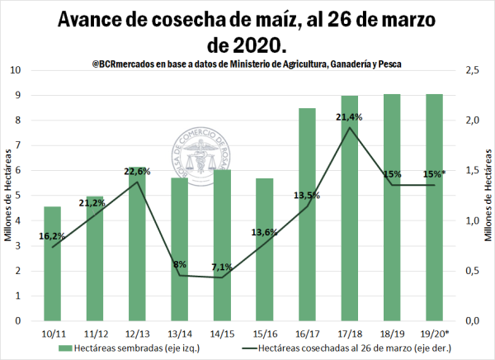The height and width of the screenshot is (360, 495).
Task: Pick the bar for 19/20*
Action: click(435, 206)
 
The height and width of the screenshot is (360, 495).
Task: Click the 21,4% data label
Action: click(350, 117)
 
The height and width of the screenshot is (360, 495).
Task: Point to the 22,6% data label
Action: click(138, 172)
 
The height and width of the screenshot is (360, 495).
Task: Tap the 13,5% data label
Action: click(306, 196)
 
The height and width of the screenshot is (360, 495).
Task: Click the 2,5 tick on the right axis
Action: click(473, 70)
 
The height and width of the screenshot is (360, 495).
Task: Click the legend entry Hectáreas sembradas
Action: click(126, 349)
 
